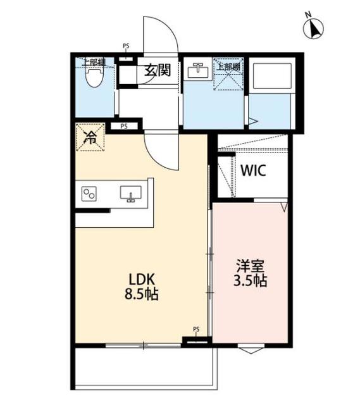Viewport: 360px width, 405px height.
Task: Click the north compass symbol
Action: pos(314,28)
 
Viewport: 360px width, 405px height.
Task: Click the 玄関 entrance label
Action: pos(158,70)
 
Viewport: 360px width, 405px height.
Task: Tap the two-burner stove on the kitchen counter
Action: pos(89,194)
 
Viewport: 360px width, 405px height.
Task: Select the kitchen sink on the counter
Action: pos(131,193)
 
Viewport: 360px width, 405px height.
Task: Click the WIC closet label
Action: pos(253,171)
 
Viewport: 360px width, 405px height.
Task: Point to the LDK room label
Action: pos(142,279)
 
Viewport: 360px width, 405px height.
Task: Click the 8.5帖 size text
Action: pos(142,294)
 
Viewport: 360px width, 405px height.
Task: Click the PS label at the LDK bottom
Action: pos(196,329)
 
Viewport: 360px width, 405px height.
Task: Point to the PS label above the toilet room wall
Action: pos(126,46)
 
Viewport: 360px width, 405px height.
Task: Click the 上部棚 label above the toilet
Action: pos(94,62)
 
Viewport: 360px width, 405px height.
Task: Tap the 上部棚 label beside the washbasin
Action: pos(228,66)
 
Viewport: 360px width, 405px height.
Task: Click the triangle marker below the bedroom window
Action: pos(250,349)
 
